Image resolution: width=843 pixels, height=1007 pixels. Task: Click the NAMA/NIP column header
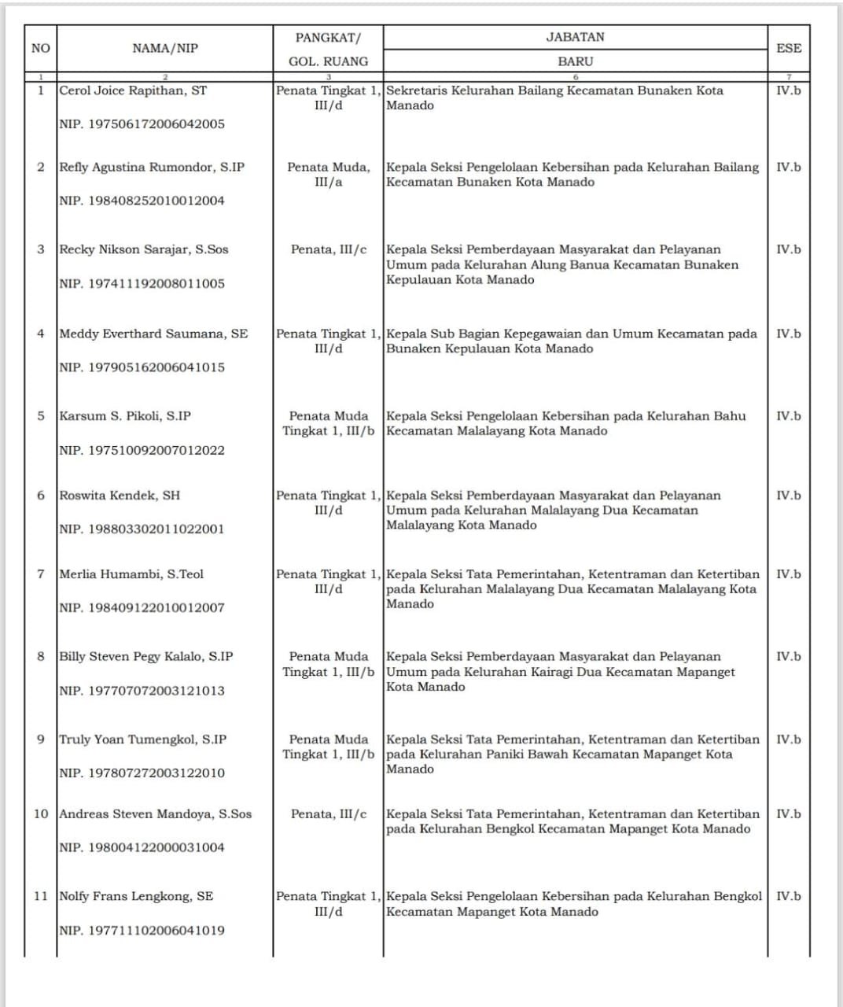click(165, 48)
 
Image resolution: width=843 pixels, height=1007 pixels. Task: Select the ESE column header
click(788, 48)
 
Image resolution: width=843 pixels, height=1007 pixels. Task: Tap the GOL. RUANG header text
click(328, 61)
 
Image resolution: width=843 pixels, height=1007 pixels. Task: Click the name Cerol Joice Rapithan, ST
click(133, 90)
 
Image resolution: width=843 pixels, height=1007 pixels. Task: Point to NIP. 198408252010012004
click(142, 201)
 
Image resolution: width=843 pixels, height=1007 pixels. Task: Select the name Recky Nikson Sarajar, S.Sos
click(144, 249)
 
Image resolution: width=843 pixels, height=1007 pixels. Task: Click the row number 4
click(41, 334)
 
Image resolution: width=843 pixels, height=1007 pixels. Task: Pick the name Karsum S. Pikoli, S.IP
click(125, 416)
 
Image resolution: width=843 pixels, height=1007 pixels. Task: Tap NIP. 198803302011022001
click(142, 529)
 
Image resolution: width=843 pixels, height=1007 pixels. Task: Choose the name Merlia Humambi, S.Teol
click(131, 574)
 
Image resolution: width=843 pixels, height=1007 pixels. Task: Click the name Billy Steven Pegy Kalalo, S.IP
click(146, 657)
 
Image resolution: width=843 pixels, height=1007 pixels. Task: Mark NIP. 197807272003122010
click(142, 773)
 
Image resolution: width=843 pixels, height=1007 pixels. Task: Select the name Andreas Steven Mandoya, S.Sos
click(156, 814)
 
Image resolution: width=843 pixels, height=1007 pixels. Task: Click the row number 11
click(41, 896)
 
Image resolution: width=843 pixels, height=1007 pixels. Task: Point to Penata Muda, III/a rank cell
click(328, 174)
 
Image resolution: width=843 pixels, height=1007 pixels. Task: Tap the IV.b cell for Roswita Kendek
click(788, 496)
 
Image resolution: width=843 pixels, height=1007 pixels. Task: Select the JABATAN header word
click(575, 37)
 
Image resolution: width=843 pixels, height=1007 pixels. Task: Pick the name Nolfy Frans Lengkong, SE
click(136, 896)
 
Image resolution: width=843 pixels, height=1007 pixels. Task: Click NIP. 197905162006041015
click(142, 367)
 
